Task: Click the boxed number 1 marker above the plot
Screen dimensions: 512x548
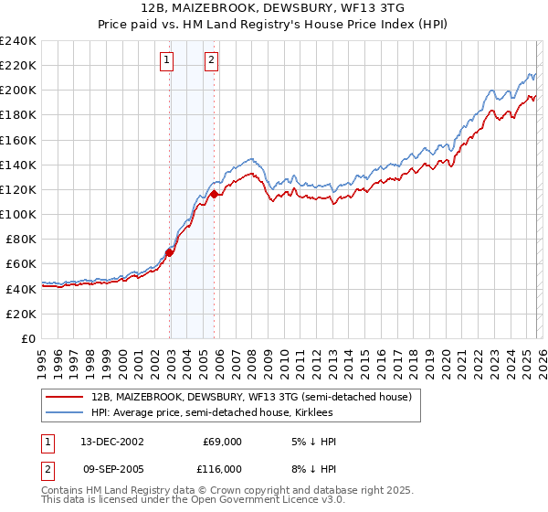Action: pos(168,61)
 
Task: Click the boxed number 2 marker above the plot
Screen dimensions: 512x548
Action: pos(212,61)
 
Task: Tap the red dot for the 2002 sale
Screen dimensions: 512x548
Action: pos(170,252)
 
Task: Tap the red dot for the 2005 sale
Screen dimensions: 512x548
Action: pos(214,194)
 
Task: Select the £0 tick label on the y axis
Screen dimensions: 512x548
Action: pos(27,338)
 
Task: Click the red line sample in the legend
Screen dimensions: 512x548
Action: pos(64,398)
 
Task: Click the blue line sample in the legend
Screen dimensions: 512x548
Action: pos(64,413)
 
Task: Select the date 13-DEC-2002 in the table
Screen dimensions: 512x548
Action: pos(112,442)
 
